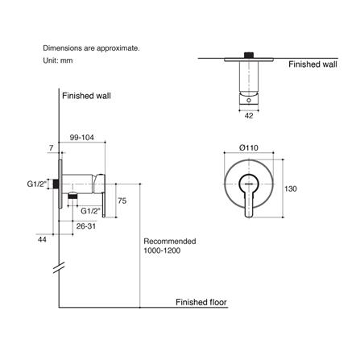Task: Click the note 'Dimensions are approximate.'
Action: (91, 48)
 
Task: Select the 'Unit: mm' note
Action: (60, 60)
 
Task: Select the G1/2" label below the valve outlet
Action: (91, 211)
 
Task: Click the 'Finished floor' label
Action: (201, 303)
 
